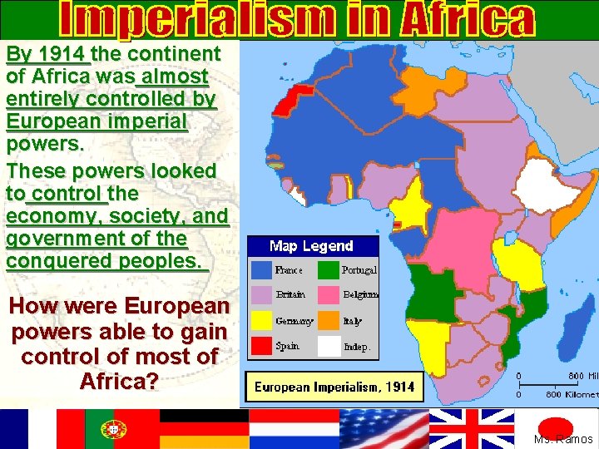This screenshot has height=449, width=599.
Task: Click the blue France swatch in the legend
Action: [x=263, y=270]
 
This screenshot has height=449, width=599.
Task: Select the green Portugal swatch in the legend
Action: [x=329, y=270]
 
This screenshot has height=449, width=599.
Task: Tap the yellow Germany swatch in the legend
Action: [x=263, y=320]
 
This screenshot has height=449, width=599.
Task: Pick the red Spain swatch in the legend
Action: [x=263, y=345]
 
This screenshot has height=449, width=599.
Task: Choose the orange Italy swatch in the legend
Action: [x=329, y=320]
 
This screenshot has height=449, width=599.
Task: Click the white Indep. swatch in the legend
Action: [x=329, y=345]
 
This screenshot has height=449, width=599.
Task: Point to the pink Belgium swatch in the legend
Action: [x=329, y=295]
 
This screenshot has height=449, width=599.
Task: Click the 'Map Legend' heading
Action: [x=311, y=246]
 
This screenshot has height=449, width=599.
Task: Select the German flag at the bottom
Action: [x=205, y=428]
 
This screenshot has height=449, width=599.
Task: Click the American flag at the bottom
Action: [x=383, y=428]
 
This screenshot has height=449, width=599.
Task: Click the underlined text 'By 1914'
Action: [x=47, y=55]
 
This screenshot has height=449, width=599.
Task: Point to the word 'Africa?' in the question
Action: [x=117, y=382]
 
